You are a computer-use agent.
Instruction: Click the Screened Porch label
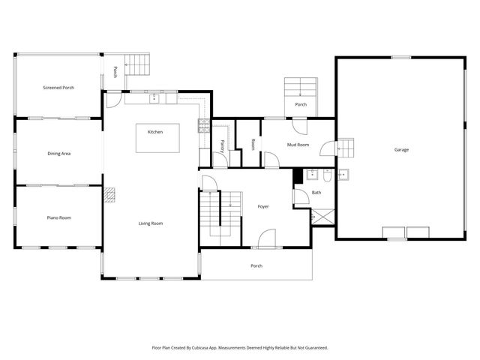[58, 88]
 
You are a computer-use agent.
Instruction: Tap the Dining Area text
[59, 154]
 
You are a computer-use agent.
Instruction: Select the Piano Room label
[59, 217]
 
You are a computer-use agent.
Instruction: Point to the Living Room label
[151, 223]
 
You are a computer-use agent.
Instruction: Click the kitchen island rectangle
[157, 138]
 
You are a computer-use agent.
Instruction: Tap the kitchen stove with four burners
[204, 127]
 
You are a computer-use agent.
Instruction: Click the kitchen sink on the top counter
[154, 97]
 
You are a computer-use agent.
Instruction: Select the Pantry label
[223, 144]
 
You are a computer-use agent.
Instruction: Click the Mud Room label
[298, 144]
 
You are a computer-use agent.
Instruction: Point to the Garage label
[402, 150]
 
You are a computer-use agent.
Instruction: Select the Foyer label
[263, 206]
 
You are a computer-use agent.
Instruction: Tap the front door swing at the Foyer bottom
[264, 241]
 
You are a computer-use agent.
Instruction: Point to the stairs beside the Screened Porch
[137, 65]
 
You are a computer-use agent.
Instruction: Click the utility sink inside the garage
[344, 176]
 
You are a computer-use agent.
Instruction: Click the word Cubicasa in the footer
[214, 348]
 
